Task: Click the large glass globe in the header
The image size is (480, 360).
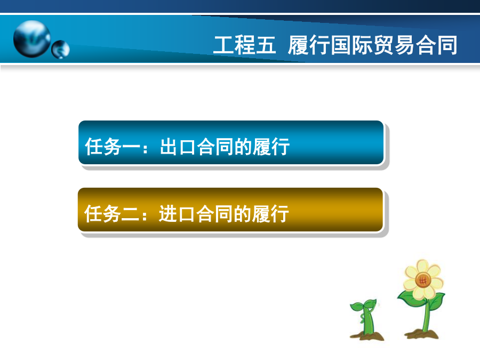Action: point(32,39)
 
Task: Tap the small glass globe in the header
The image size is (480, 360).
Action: point(60,49)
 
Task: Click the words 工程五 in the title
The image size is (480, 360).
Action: point(244,45)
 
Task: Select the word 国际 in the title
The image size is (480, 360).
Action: point(351,45)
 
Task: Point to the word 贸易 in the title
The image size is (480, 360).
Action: point(394,45)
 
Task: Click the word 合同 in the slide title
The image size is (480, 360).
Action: point(436,45)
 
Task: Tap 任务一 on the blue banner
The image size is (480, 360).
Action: point(113,147)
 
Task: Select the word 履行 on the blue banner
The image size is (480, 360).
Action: point(271,147)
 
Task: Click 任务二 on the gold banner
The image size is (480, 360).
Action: point(112,214)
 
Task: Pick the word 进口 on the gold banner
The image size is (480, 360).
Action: point(177,214)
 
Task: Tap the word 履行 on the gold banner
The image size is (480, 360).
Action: point(270,214)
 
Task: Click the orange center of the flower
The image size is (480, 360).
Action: point(423,280)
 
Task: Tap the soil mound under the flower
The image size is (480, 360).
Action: point(421,334)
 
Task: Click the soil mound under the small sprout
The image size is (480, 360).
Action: point(367,336)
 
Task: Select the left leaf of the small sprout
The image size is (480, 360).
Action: point(357,307)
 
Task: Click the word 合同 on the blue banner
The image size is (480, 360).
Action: point(215,147)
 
